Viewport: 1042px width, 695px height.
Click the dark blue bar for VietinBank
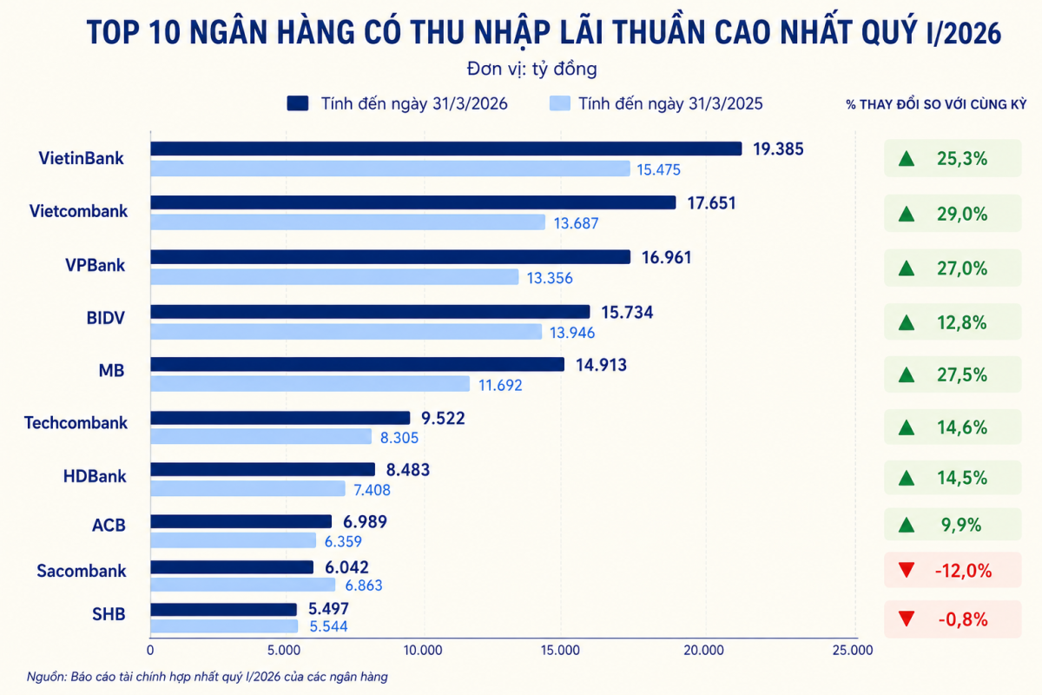445,149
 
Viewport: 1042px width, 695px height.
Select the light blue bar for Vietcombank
347,222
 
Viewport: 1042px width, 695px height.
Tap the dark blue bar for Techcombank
280,418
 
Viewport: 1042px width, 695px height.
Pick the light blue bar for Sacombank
242,585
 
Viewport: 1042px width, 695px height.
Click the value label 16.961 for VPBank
666,257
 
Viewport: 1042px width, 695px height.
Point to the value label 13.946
572,333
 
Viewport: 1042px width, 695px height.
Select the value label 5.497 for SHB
328,608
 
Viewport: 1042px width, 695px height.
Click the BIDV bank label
106,318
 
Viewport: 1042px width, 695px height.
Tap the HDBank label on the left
95,476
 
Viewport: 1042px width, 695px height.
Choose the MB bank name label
112,371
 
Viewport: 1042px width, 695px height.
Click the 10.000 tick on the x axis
423,651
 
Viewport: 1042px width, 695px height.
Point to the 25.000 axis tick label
853,651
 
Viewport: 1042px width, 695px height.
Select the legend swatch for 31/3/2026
297,103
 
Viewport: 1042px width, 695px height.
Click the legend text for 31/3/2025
670,103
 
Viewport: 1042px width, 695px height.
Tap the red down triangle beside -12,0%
907,570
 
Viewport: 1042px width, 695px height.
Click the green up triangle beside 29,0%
907,214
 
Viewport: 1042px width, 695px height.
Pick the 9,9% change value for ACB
961,525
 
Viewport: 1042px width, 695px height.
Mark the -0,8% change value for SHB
963,619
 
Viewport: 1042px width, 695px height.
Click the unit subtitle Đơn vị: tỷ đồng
531,69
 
